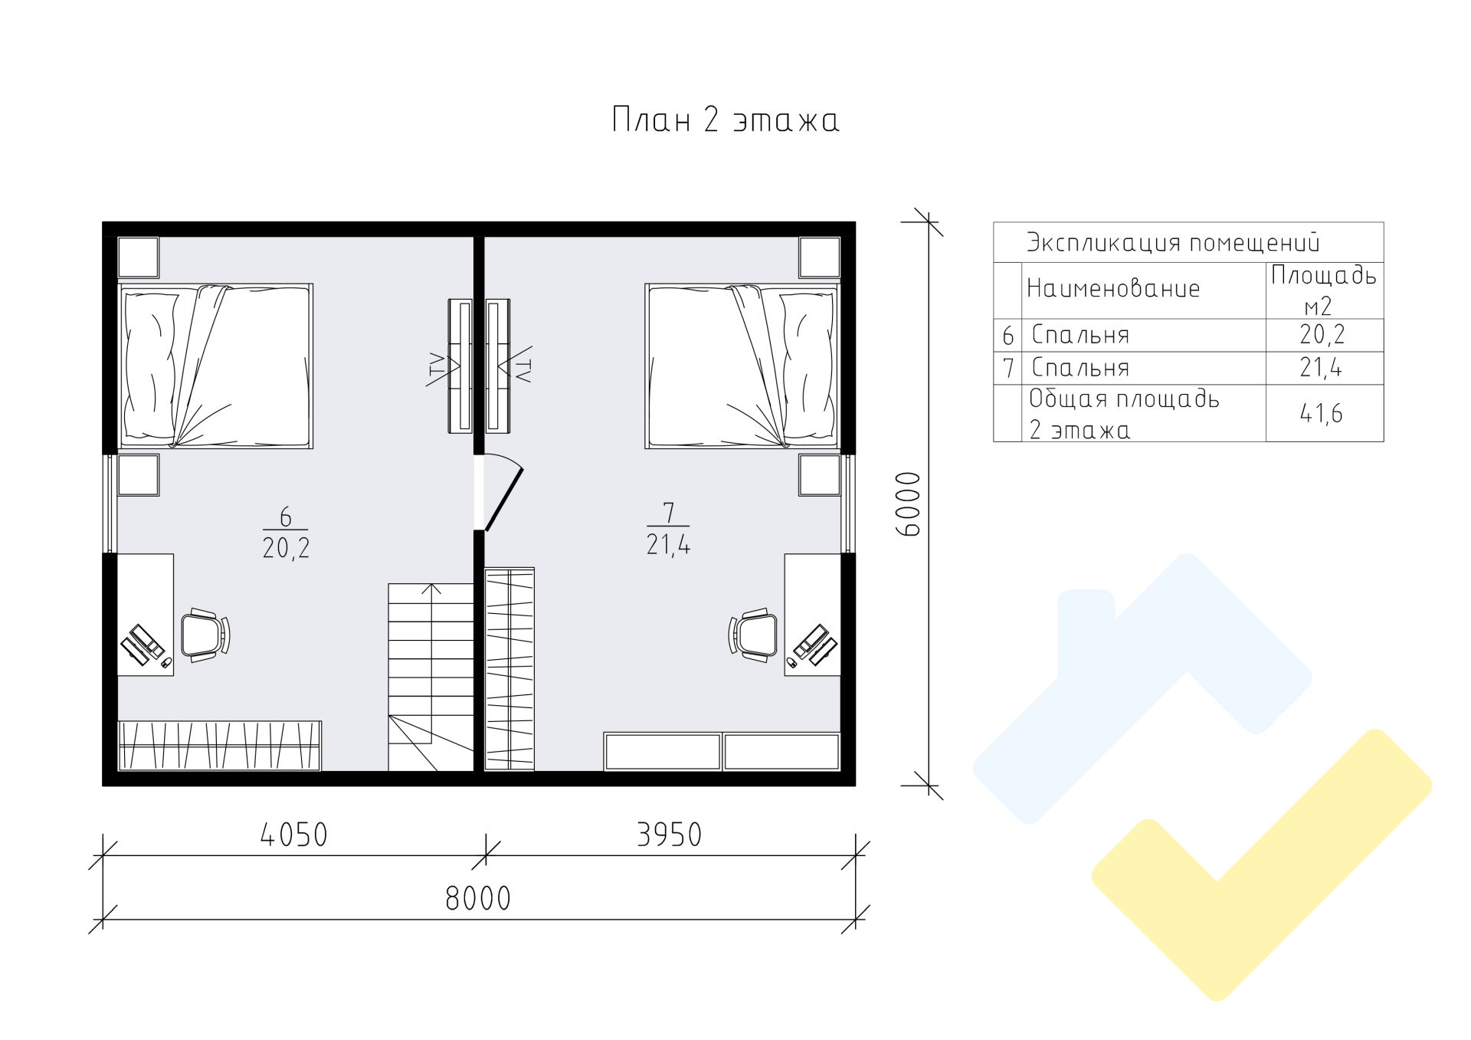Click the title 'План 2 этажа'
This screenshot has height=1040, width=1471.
(725, 120)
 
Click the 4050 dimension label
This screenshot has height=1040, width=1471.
(293, 835)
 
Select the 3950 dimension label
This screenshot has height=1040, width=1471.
(669, 835)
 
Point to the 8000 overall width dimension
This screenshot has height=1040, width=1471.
(478, 898)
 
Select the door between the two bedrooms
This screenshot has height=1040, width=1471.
(503, 491)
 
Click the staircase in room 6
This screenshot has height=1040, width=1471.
(431, 677)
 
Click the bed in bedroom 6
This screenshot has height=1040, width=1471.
(215, 366)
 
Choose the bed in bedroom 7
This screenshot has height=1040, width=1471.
(742, 366)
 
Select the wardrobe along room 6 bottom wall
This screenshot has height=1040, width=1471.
(219, 746)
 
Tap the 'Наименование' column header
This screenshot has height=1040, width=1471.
(1112, 289)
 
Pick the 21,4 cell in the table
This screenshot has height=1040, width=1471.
(1322, 368)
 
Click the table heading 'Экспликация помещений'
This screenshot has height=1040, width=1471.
(1174, 243)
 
